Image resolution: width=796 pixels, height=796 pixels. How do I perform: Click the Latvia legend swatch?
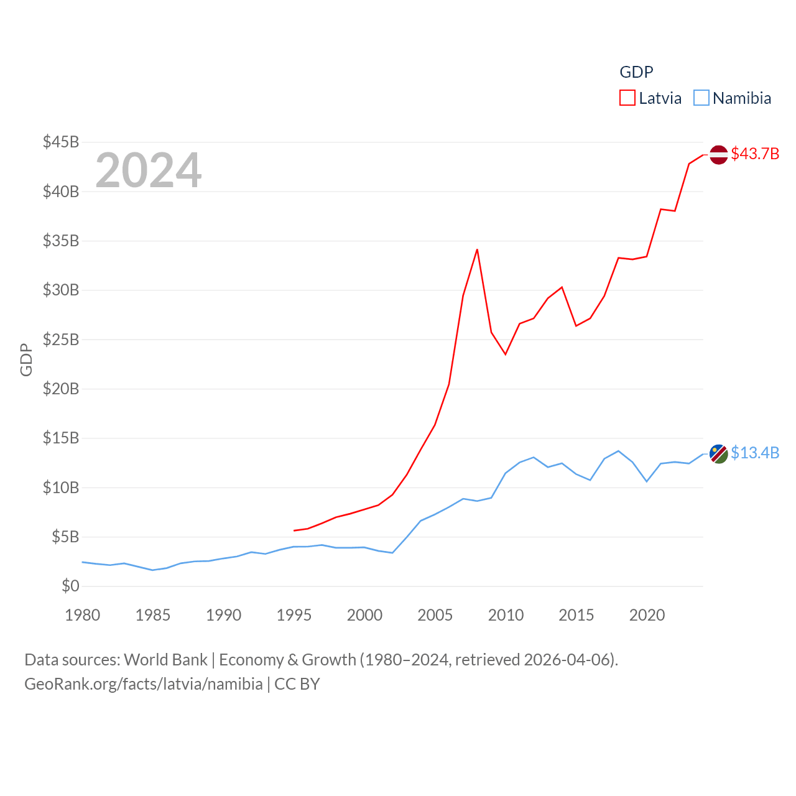click(627, 98)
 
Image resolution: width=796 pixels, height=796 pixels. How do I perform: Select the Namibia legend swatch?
click(701, 98)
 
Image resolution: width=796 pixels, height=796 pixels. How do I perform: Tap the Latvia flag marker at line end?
click(718, 154)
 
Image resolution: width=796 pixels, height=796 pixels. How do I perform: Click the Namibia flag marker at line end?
click(718, 453)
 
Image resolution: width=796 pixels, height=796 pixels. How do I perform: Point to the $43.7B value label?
click(755, 154)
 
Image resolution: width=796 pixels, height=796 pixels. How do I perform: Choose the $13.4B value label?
click(755, 453)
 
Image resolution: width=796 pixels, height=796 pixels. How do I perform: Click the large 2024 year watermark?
click(148, 170)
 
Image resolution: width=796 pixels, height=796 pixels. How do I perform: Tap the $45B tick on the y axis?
click(61, 142)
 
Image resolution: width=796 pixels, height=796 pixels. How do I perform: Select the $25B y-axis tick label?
click(61, 340)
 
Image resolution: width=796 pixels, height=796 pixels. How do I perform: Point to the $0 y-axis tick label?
click(70, 586)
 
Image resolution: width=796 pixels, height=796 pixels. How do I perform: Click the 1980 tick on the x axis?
click(82, 615)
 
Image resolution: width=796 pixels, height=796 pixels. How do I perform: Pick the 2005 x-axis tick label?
click(435, 615)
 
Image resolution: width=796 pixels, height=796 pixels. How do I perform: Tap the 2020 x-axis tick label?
click(647, 615)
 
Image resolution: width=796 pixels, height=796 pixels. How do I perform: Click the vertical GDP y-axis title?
click(26, 359)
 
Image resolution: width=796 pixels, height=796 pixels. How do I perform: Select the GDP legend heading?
click(636, 72)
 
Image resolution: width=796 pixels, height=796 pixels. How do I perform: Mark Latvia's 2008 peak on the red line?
click(477, 249)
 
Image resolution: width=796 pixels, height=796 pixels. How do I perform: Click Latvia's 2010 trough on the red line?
click(506, 354)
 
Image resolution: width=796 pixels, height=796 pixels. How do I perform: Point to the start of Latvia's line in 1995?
click(294, 530)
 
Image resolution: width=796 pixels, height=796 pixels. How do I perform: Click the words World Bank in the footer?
click(165, 659)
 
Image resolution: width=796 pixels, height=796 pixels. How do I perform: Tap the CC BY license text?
click(297, 684)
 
